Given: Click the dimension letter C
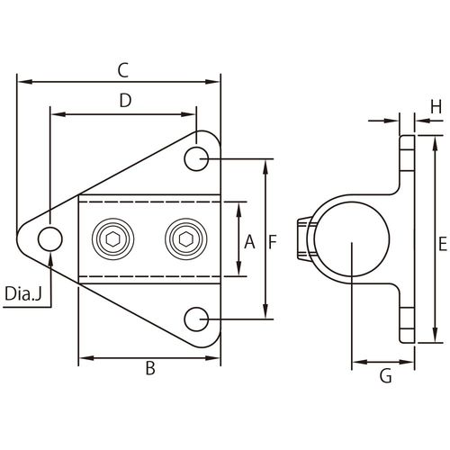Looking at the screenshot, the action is click(x=123, y=70).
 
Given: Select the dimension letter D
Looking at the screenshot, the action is click(x=125, y=101).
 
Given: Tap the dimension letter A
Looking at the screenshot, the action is click(x=249, y=242).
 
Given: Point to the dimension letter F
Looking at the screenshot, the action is click(x=272, y=242).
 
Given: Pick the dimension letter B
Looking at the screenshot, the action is click(x=150, y=368).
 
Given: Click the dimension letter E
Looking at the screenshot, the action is click(x=443, y=244).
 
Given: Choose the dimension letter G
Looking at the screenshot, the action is click(x=386, y=376).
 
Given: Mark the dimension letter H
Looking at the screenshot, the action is click(x=436, y=106).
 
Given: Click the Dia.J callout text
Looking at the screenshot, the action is click(x=23, y=293).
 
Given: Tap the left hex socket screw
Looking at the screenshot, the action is click(x=113, y=238).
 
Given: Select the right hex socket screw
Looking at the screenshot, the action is click(x=185, y=238).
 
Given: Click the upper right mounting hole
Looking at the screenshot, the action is click(x=196, y=158).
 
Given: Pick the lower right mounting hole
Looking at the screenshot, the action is click(x=196, y=319).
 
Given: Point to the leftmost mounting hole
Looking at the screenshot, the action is click(x=50, y=238).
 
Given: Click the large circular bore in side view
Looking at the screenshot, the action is click(x=352, y=239).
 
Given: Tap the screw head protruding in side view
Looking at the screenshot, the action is click(x=304, y=238).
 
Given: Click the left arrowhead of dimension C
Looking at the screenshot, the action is click(x=25, y=82).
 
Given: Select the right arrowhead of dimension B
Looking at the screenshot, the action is click(x=212, y=358).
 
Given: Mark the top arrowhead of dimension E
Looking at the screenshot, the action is click(x=435, y=144).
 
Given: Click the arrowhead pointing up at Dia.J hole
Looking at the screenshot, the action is click(x=50, y=259).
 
